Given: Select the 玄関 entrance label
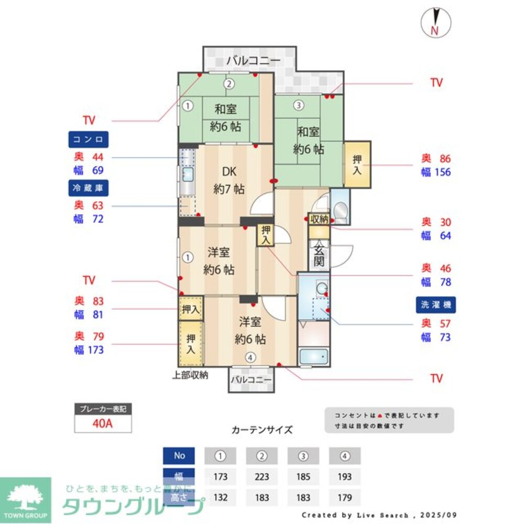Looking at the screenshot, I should tap(320, 256).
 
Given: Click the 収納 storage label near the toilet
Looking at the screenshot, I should tap(319, 219).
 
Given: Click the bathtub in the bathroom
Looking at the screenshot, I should tap(313, 356).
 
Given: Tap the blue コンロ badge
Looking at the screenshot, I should tap(88, 140).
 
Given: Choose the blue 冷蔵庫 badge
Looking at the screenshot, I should tap(88, 188).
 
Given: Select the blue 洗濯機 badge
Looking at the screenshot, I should tap(435, 304).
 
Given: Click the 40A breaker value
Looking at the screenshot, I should tap(103, 423).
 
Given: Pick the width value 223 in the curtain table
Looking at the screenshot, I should tap(261, 477).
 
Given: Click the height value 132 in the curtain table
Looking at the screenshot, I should tap(220, 497).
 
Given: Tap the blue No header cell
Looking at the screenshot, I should tap(179, 456).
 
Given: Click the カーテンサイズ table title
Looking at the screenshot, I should tap(262, 430).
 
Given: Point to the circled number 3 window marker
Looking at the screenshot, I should tap(298, 105).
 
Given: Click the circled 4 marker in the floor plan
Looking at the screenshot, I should tap(251, 358).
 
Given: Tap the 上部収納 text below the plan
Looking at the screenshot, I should tap(191, 375).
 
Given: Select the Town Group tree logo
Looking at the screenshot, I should tap(26, 498).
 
